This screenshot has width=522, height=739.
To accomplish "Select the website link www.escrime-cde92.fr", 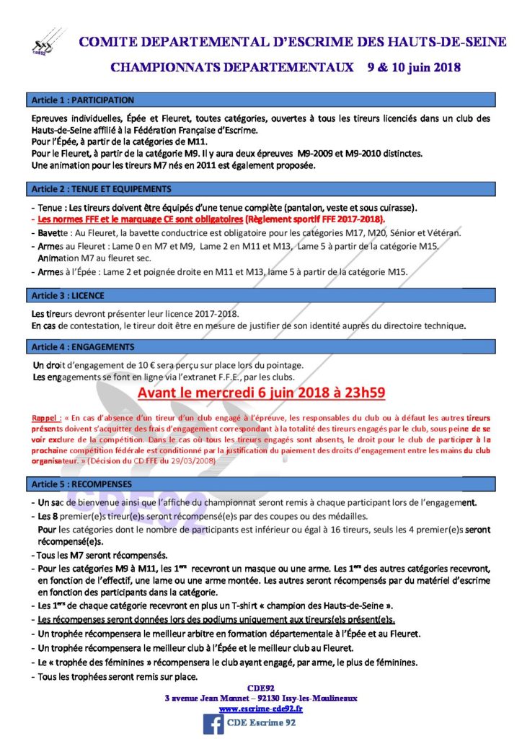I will [x=260, y=709].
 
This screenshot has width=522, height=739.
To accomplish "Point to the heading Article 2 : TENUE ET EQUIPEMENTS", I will [x=101, y=189].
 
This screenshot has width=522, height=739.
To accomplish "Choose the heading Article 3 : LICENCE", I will [x=68, y=296].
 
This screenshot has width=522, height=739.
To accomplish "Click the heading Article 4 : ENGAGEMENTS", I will [x=83, y=346].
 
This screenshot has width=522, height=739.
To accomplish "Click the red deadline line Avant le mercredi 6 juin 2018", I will [x=261, y=393].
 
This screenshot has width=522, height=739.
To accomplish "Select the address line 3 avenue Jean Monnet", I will [x=260, y=698].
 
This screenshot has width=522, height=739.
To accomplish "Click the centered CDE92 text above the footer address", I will [x=260, y=688].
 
